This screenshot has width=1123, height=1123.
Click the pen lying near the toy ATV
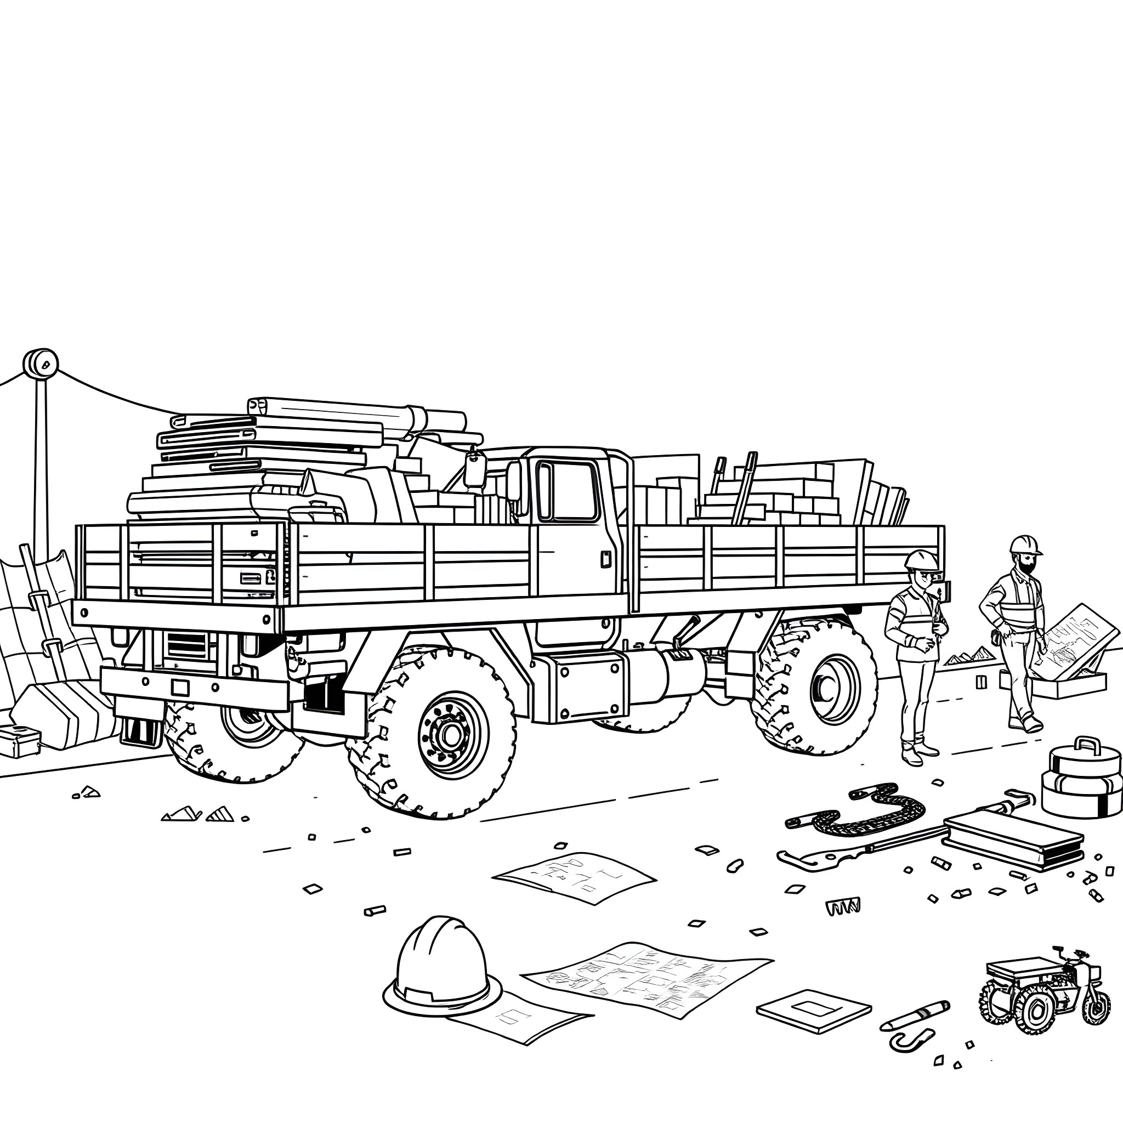click(x=915, y=1016)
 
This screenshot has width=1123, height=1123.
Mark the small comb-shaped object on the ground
click(x=842, y=906)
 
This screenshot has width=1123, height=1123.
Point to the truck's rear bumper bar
click(x=195, y=688)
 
